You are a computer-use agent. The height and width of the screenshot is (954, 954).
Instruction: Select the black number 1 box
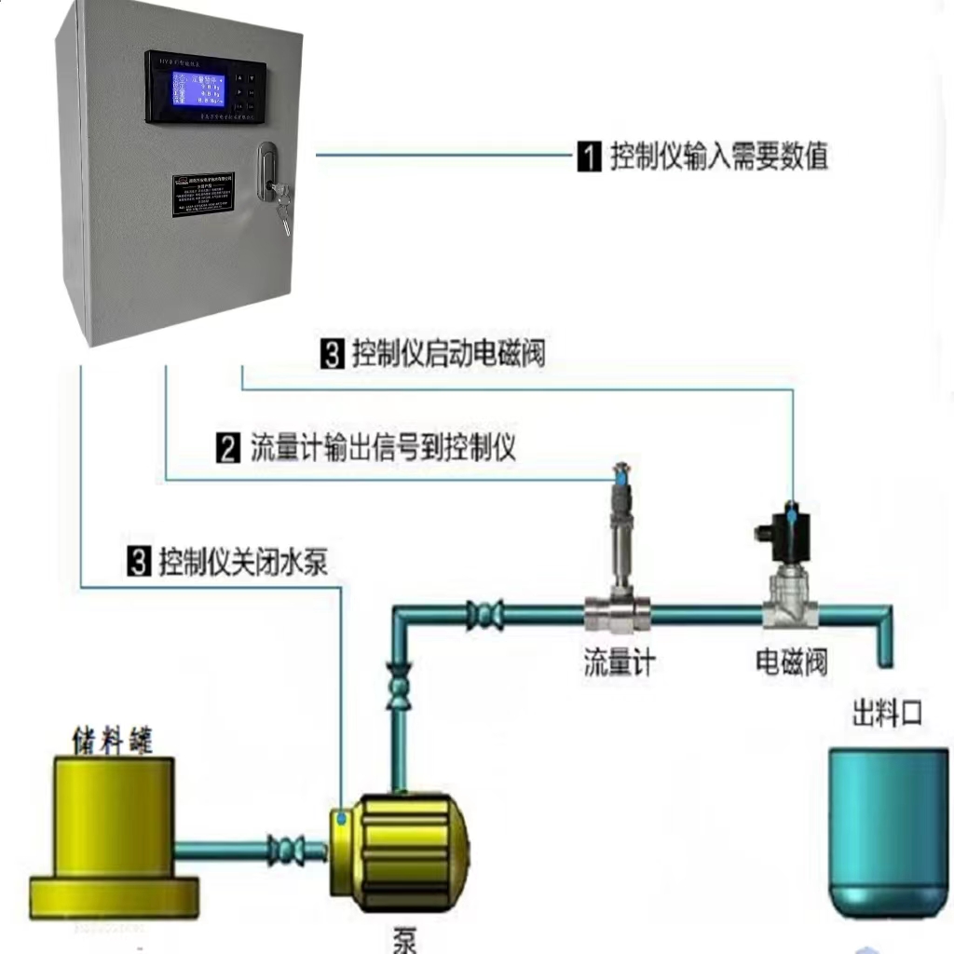click(x=589, y=157)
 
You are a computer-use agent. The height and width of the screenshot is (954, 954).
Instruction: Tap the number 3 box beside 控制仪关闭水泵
click(x=139, y=563)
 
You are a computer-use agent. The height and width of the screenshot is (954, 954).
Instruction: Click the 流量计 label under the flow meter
click(x=619, y=662)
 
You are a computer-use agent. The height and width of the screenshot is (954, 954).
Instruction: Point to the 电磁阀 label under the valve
click(x=791, y=662)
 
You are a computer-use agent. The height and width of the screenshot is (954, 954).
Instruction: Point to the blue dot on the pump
click(x=343, y=818)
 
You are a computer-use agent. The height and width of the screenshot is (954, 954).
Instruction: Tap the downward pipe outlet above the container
click(x=885, y=643)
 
